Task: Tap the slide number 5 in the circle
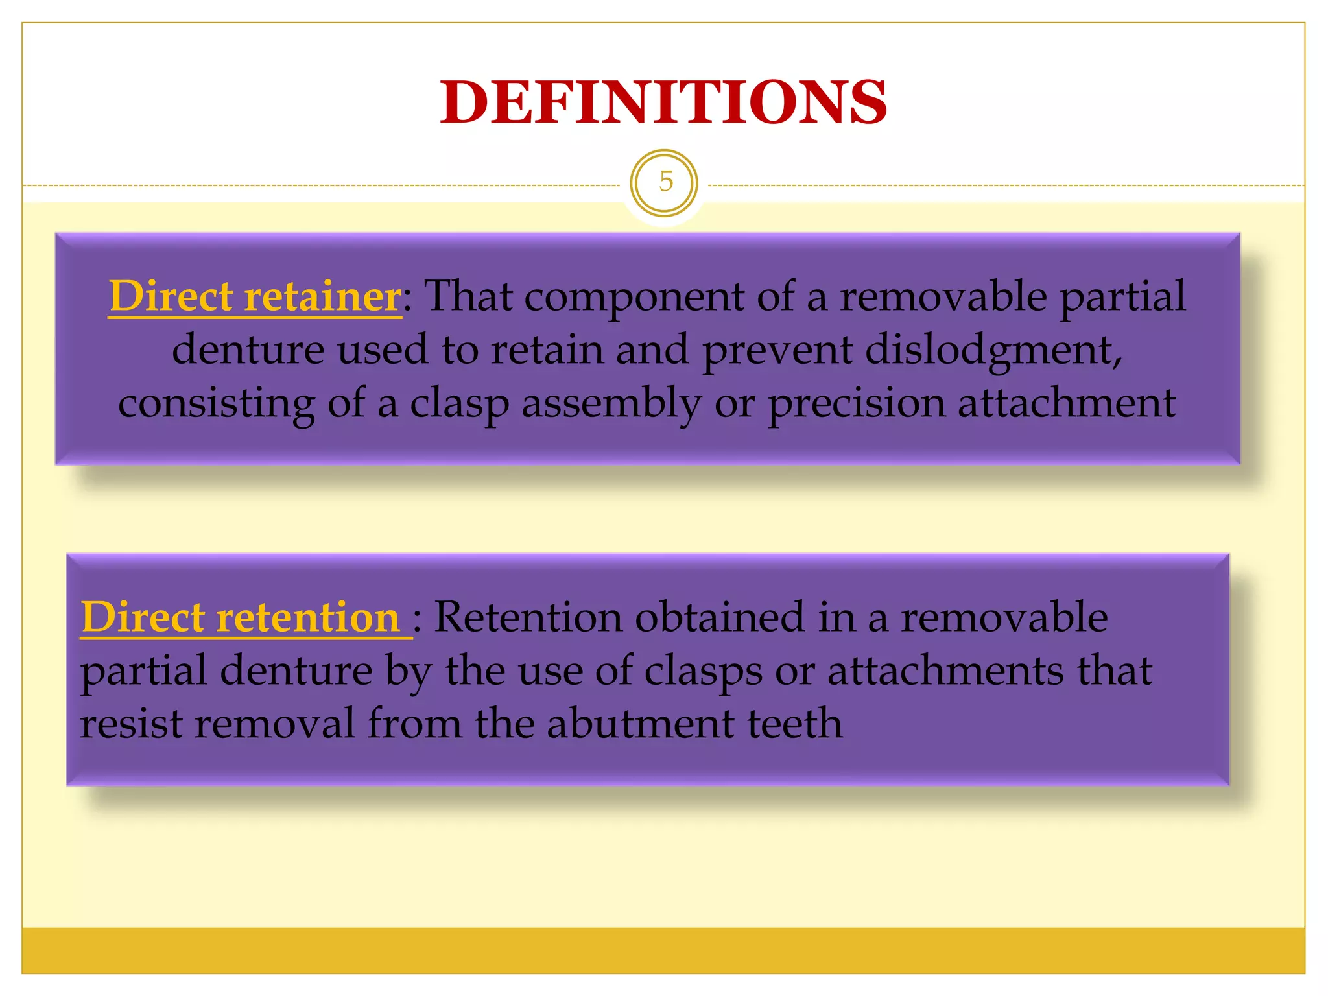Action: [665, 182]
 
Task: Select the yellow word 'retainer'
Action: [322, 296]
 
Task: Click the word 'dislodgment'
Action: [993, 351]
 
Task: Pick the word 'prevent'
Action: [777, 351]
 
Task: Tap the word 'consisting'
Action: [217, 404]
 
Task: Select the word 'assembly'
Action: [611, 404]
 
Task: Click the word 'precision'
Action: [857, 404]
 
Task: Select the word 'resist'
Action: [130, 724]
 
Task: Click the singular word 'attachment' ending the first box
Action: [1067, 403]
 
